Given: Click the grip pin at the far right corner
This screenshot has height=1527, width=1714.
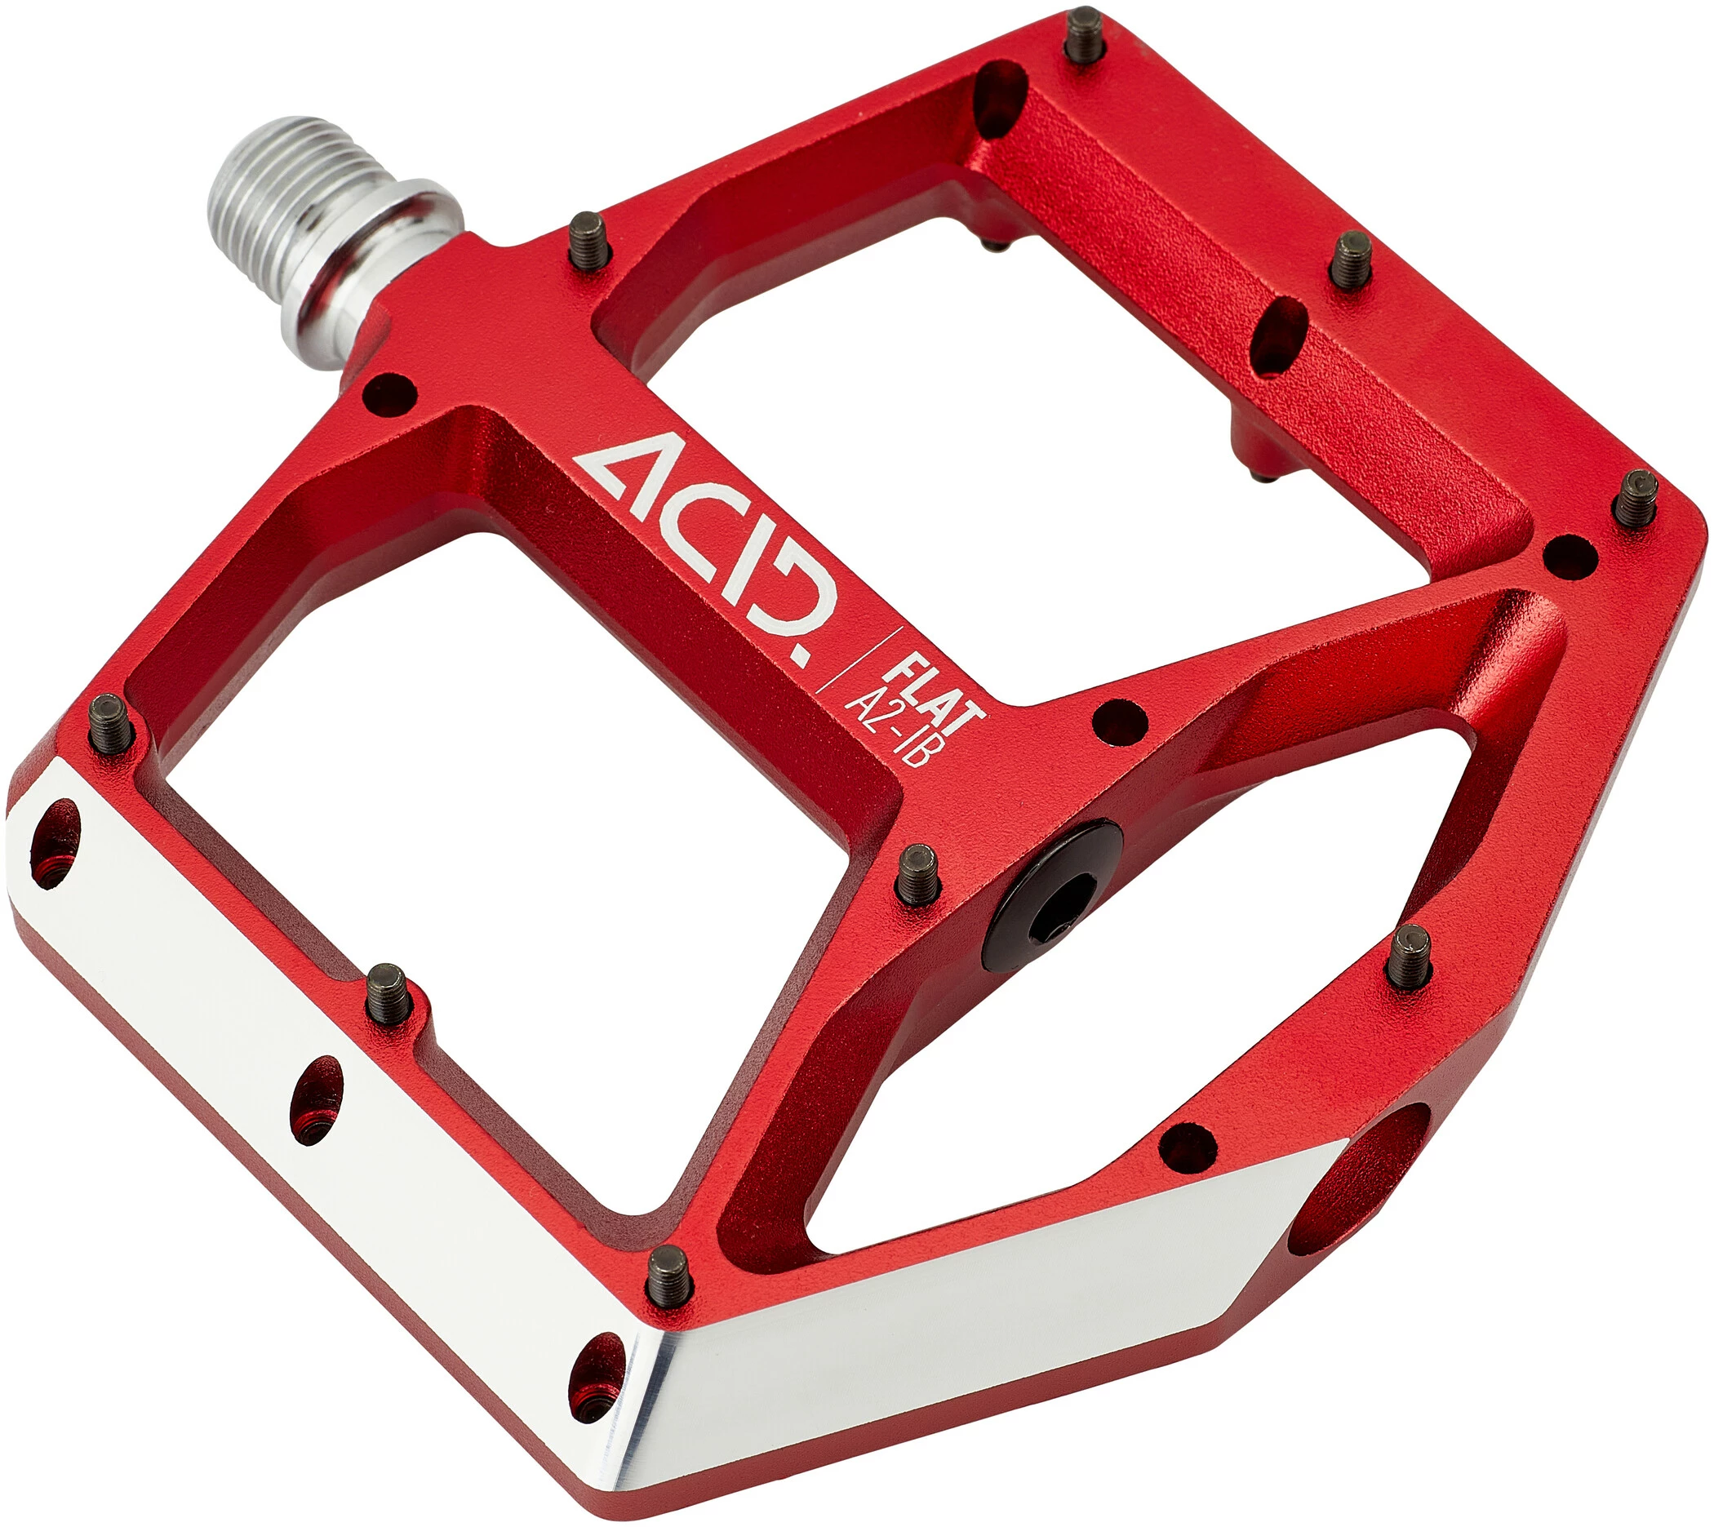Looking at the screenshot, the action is [x=1636, y=499].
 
